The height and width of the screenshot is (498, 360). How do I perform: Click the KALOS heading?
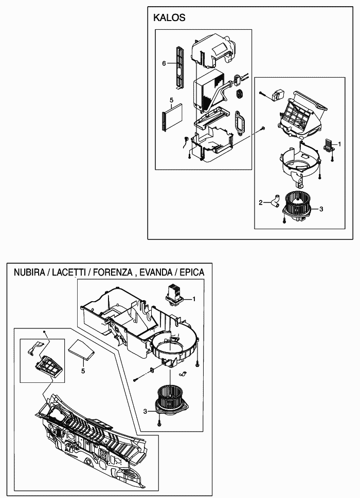pos(169,18)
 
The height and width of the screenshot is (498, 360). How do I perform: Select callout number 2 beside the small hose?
pos(261,203)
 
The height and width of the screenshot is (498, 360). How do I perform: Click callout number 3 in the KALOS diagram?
pos(321,209)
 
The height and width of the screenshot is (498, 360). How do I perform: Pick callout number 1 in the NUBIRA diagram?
pos(194,299)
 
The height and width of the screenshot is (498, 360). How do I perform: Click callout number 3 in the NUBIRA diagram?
pos(145,411)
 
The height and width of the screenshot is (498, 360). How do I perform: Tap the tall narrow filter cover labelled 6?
pos(179,67)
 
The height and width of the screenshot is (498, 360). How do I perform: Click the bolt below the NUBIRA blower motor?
pos(160,422)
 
